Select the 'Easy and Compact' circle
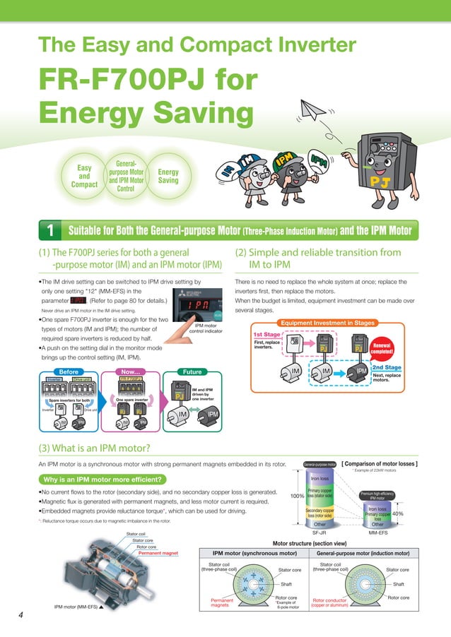coord(84,177)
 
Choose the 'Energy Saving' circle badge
coord(168,177)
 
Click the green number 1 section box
coord(51,230)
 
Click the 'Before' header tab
coord(69,371)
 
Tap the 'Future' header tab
coord(192,371)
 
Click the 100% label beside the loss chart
coord(298,496)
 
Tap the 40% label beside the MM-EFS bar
coord(399,514)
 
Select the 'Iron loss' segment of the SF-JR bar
coord(320,478)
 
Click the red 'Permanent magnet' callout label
coord(158,553)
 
